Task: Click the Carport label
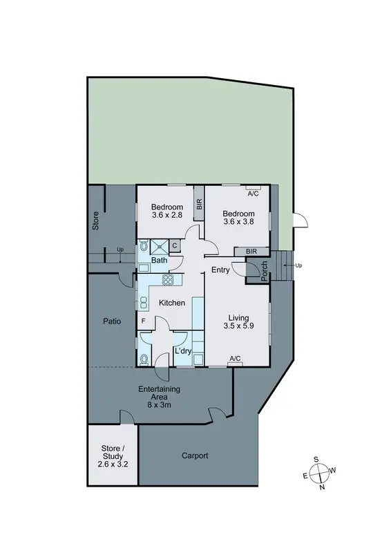point(195,456)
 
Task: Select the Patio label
point(112,321)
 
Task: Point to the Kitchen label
point(172,303)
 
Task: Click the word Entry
point(220,270)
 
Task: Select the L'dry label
point(182,352)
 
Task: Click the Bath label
point(159,261)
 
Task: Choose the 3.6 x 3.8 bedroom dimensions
point(240,222)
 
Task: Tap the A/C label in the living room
point(235,358)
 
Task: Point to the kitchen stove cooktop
point(168,279)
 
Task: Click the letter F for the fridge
point(143,321)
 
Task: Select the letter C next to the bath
point(175,245)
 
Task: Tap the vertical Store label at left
point(96,221)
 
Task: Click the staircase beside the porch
point(284,265)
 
